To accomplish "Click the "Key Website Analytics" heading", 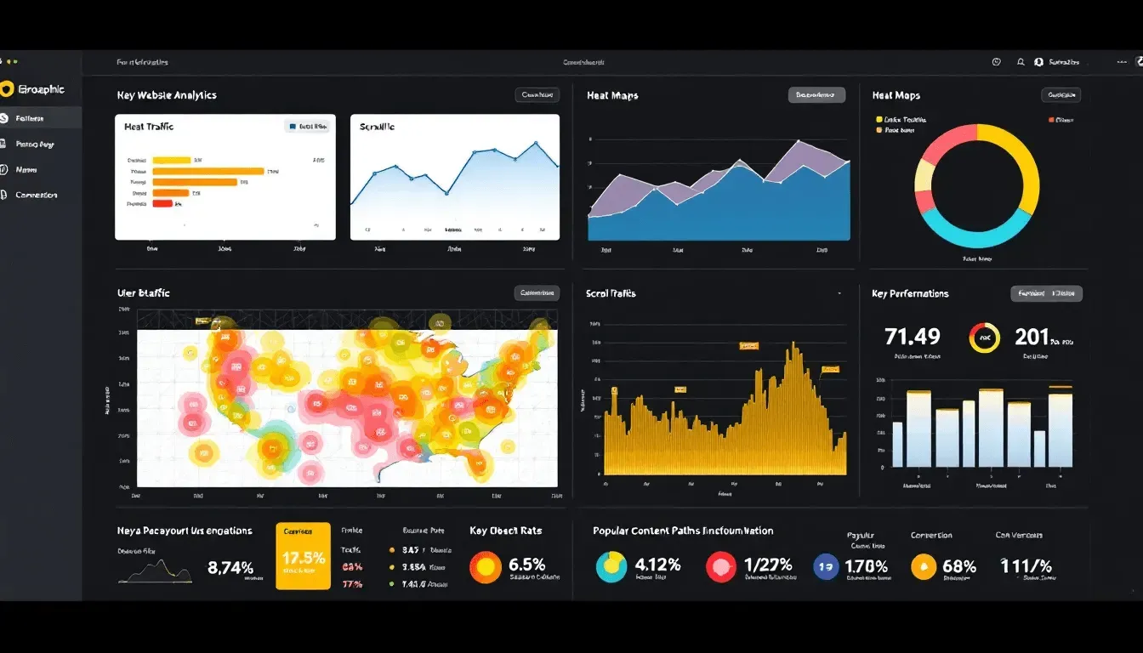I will click(167, 95).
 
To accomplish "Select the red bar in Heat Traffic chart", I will click(162, 203).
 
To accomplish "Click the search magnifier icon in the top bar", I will click(1021, 62).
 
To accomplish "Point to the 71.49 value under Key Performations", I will click(913, 337).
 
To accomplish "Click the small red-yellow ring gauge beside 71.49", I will click(984, 338).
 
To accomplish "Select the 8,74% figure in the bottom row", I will click(230, 568).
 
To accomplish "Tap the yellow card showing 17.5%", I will click(303, 556).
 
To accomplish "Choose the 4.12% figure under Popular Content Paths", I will click(657, 565).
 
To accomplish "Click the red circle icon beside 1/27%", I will click(720, 566).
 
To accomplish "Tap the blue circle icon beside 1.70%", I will click(826, 566).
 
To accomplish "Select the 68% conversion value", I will click(959, 566).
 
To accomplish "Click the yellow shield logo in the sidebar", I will click(8, 89).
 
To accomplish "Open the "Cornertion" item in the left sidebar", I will click(37, 195).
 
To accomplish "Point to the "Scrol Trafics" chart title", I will click(611, 293).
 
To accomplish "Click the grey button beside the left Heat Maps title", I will click(816, 95).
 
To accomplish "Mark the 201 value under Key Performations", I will click(1032, 337).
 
